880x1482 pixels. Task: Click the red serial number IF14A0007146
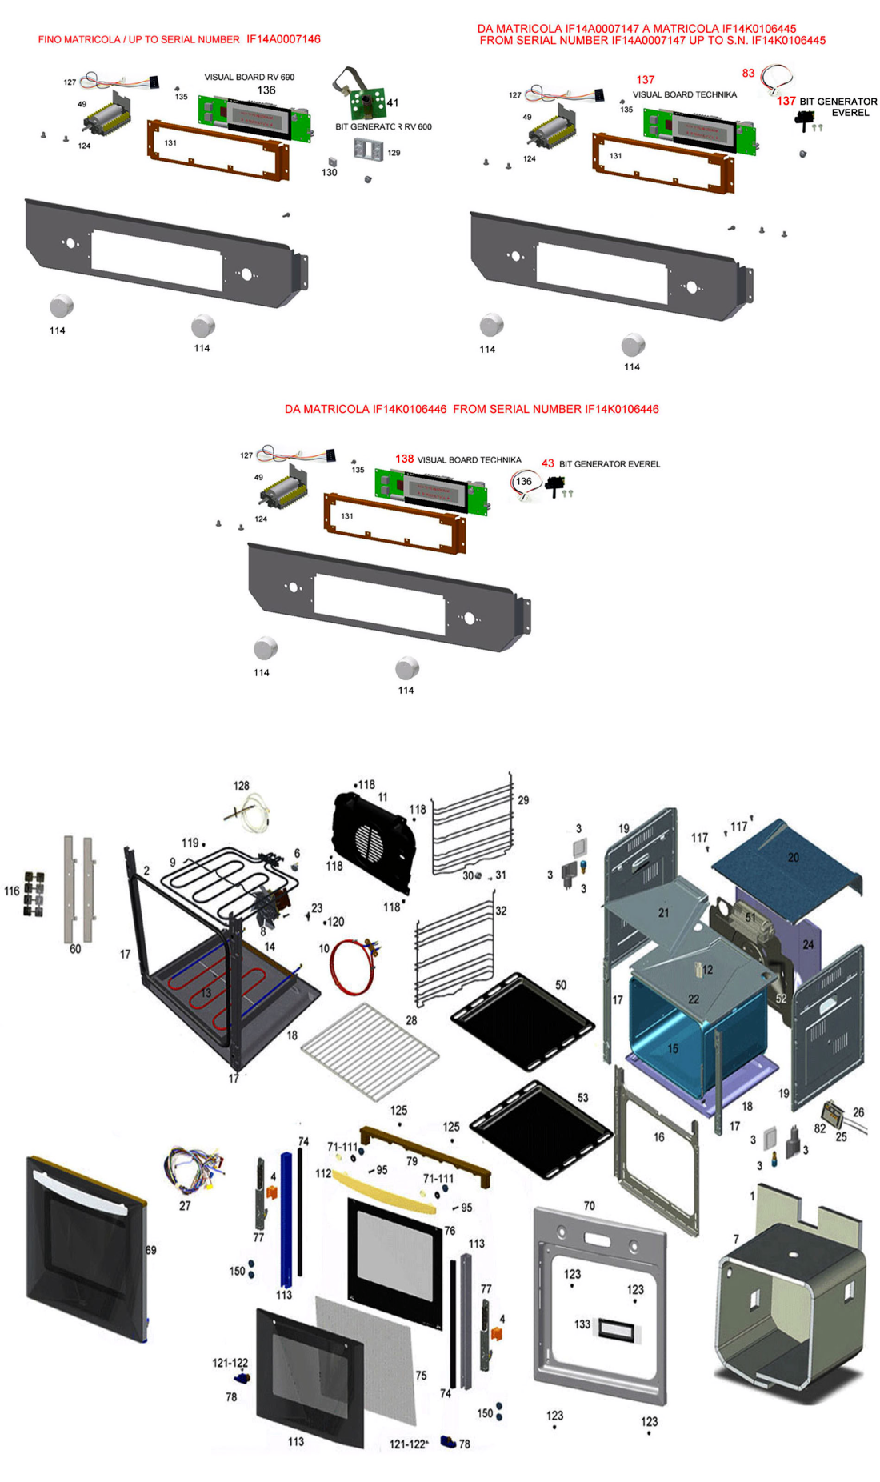click(x=283, y=39)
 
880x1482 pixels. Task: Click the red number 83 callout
click(x=748, y=73)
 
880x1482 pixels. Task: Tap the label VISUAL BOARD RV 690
click(x=249, y=77)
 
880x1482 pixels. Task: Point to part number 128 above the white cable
click(x=241, y=786)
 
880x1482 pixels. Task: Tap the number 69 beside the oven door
click(x=150, y=1250)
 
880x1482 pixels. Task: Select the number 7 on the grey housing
click(x=736, y=1239)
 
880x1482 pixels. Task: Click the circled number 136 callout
click(x=524, y=481)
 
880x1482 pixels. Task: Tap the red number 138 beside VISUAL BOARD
click(x=404, y=459)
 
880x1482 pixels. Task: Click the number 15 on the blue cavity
click(x=673, y=1048)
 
